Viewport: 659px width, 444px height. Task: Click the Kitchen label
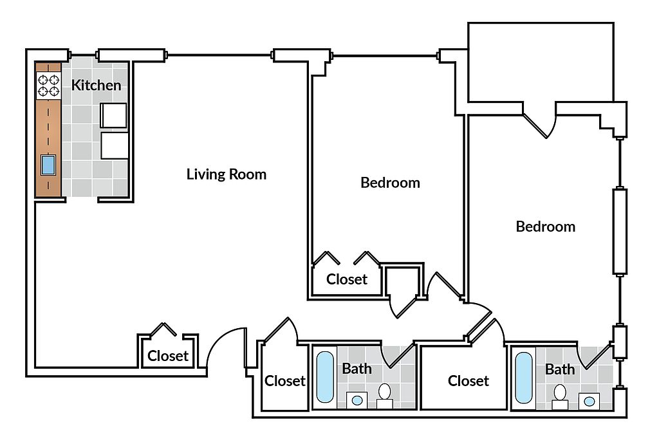(96, 85)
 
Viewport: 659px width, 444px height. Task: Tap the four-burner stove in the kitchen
(48, 86)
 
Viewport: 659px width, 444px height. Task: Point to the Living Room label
(226, 174)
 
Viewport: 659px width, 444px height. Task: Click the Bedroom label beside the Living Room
(390, 183)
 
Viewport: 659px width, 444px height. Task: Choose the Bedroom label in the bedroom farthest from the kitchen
(545, 227)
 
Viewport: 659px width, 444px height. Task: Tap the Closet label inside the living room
(168, 356)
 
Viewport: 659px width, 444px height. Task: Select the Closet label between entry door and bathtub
(284, 381)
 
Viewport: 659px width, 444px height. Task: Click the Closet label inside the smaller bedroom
(346, 279)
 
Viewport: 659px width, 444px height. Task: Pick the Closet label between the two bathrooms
(468, 381)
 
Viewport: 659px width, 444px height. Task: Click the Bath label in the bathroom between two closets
(356, 369)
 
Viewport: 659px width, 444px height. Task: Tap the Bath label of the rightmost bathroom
(559, 369)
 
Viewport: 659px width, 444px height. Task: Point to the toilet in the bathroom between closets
(385, 394)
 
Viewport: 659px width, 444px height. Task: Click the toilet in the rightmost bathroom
(560, 394)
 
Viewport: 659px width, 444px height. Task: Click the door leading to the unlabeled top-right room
(539, 124)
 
